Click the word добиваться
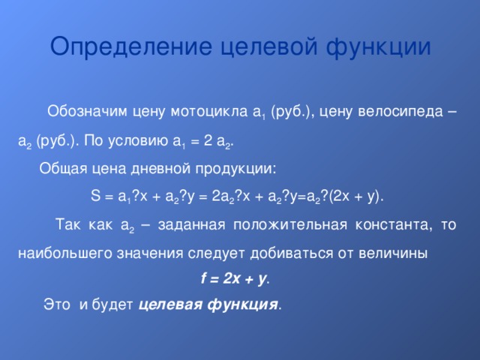point(281,253)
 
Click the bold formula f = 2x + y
point(234,279)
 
